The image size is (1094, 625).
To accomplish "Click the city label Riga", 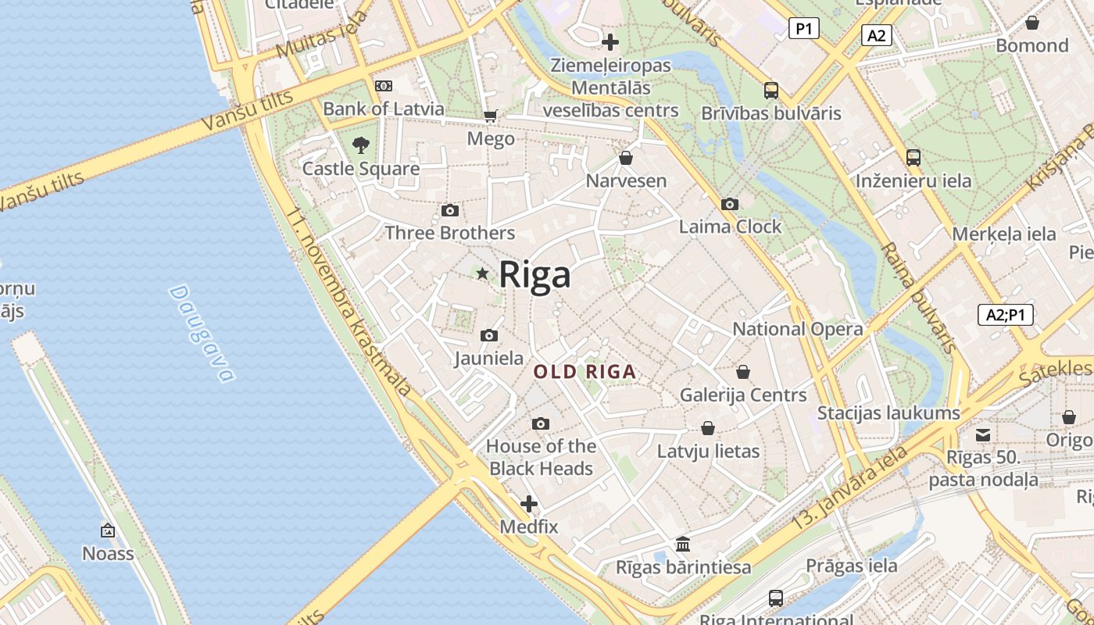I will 535,275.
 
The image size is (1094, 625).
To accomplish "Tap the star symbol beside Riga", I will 483,273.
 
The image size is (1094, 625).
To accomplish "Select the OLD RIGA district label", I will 585,373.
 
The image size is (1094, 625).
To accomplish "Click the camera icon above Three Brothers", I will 450,210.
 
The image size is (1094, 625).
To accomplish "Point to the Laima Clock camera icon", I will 730,204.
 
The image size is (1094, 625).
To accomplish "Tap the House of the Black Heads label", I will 541,457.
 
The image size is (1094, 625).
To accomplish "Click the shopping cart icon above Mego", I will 491,116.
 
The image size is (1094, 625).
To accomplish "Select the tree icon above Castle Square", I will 360,145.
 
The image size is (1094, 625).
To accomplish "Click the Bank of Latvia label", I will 383,109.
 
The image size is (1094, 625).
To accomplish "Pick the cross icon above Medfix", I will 529,503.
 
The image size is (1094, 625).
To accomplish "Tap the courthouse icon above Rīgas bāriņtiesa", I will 683,544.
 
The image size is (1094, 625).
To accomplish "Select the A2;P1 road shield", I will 1006,315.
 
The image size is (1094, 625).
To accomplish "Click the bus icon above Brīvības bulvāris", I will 771,90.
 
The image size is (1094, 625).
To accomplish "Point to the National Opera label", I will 797,329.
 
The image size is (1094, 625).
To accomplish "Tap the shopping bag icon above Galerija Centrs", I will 743,372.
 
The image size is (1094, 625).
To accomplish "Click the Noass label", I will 108,554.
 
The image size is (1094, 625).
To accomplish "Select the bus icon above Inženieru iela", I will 913,158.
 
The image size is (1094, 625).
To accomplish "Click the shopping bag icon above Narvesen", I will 626,158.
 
